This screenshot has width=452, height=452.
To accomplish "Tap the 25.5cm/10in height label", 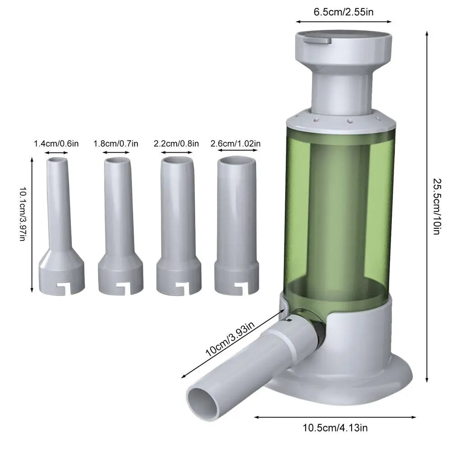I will [x=436, y=207].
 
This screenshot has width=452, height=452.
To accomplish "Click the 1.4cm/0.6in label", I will [x=56, y=144].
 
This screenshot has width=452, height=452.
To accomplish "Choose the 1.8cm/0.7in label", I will [x=116, y=144].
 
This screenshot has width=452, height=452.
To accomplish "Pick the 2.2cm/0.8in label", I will [x=176, y=144].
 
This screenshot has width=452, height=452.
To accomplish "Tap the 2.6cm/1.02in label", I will [x=235, y=144].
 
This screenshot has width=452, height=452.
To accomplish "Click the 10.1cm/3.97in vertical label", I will [x=23, y=215].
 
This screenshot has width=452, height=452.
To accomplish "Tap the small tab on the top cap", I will [x=317, y=41].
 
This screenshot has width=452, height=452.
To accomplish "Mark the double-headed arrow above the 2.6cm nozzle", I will [x=236, y=152].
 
